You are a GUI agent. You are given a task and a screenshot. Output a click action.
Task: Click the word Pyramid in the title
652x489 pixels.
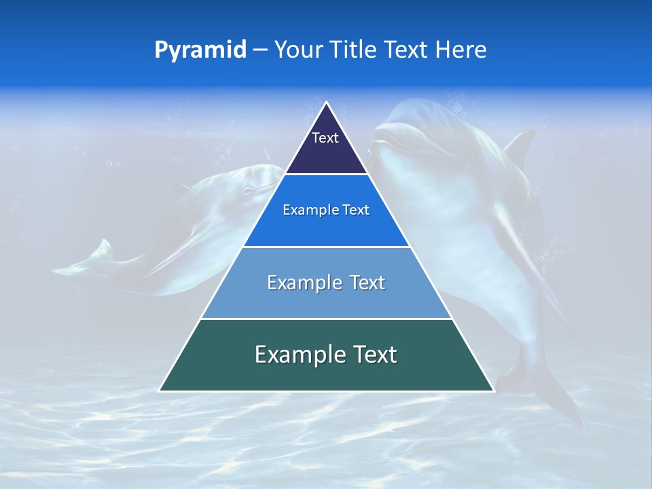(200, 50)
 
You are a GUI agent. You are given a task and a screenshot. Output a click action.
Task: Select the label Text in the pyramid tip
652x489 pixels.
(325, 138)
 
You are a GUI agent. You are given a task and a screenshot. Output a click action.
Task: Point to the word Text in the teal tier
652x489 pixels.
(374, 355)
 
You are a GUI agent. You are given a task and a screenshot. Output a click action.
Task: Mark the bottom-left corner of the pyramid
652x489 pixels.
(160, 391)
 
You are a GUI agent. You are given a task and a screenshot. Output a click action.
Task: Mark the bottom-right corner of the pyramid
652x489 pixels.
(493, 391)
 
